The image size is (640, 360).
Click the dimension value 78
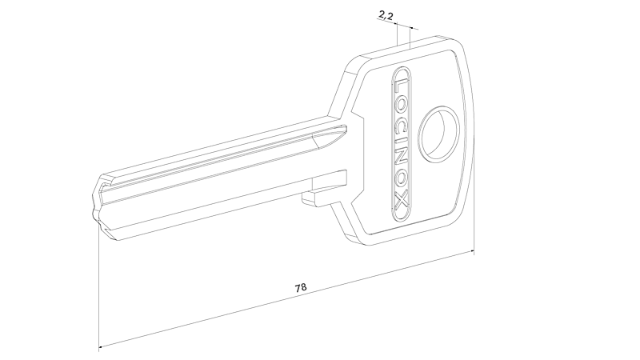(301, 287)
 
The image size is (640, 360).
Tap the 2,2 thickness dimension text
(386, 15)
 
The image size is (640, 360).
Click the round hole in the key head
(439, 134)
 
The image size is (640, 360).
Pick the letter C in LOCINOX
(401, 122)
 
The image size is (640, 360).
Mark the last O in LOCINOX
(402, 183)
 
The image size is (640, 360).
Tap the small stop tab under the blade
(314, 195)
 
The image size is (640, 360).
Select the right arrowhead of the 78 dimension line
(470, 251)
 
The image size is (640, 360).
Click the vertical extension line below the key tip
(99, 287)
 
